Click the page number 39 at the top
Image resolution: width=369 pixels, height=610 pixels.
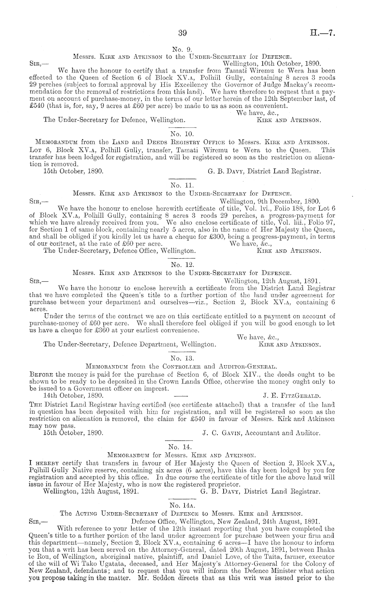pyautogui.click(x=183, y=33)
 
